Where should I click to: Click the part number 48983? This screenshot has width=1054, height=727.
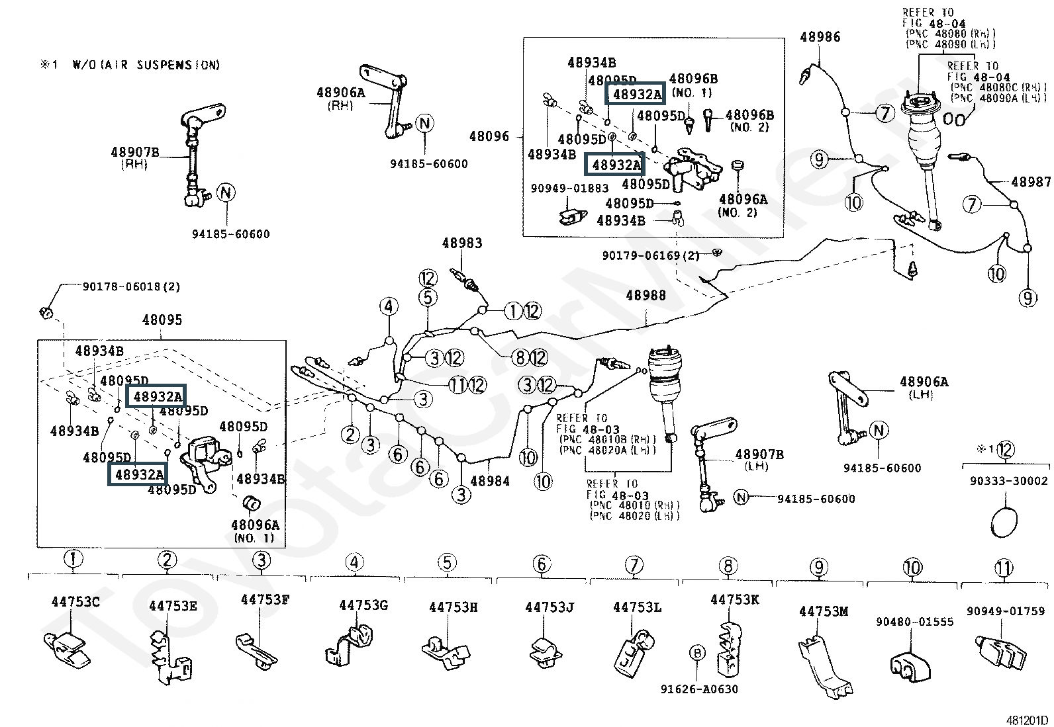[462, 243]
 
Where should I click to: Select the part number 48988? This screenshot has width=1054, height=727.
[646, 296]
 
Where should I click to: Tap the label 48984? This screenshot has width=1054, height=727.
[490, 481]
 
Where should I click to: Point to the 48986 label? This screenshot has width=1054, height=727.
[820, 37]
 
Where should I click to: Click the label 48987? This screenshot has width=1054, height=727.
[1030, 182]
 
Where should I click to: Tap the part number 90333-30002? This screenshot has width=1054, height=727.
[1004, 481]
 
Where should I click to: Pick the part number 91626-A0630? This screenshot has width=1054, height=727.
[698, 689]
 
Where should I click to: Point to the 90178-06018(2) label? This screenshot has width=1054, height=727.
[131, 287]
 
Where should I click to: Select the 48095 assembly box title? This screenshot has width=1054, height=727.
[162, 320]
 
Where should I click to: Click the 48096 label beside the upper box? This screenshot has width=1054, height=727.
[489, 137]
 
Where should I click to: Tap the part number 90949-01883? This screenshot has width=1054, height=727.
[569, 189]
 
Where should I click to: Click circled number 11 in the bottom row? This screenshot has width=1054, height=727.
[1004, 568]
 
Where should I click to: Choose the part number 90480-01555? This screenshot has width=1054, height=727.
[914, 622]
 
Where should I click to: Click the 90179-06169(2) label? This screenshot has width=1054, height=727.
[651, 255]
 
